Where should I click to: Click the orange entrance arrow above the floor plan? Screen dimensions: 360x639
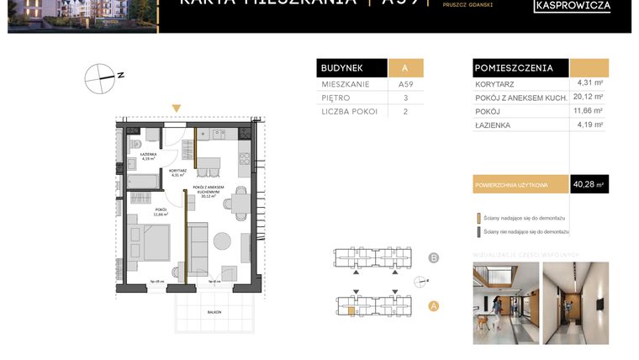(x=176, y=109)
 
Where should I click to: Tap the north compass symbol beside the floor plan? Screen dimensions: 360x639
(x=99, y=78)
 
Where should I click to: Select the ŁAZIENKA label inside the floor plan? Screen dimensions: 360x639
(x=148, y=155)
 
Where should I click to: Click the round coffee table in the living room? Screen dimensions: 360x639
(x=222, y=241)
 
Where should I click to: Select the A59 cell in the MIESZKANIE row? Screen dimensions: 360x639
(x=405, y=85)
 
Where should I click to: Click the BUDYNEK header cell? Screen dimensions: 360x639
(x=351, y=68)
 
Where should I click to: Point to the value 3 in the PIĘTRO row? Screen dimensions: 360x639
(x=405, y=98)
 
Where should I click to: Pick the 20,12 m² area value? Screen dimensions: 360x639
(x=589, y=97)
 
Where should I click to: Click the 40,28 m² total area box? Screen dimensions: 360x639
(x=589, y=184)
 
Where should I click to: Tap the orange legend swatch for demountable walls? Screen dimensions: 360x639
(x=478, y=217)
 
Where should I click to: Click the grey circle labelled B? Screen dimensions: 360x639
(x=434, y=257)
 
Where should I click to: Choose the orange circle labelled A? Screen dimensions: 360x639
(x=434, y=306)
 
